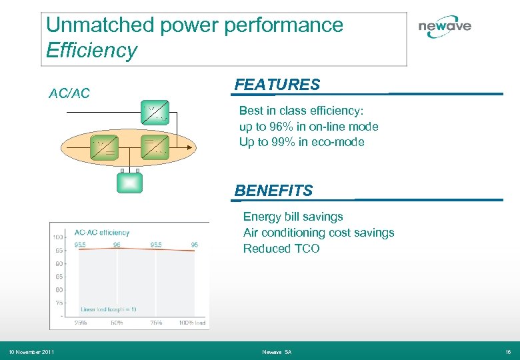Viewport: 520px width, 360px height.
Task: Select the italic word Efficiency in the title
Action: [x=91, y=50]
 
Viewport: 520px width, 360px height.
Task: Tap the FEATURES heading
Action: [x=277, y=85]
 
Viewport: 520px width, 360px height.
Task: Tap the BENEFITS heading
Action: [x=273, y=191]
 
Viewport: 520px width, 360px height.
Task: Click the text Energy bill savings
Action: [x=293, y=217]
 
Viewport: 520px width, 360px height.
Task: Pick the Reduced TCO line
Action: [x=281, y=249]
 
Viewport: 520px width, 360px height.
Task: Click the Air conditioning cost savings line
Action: [x=318, y=233]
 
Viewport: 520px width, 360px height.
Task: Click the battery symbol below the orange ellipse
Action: [x=129, y=181]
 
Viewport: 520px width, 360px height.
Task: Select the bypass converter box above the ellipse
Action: [x=155, y=113]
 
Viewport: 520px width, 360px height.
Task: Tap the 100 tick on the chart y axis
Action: [x=58, y=237]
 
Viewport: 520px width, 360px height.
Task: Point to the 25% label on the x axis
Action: [x=81, y=323]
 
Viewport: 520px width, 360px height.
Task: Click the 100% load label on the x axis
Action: [x=191, y=323]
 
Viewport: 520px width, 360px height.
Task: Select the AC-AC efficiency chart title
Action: [x=101, y=233]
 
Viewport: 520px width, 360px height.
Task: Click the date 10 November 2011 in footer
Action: [x=31, y=352]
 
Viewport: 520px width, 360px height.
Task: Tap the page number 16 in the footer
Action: [x=508, y=352]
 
